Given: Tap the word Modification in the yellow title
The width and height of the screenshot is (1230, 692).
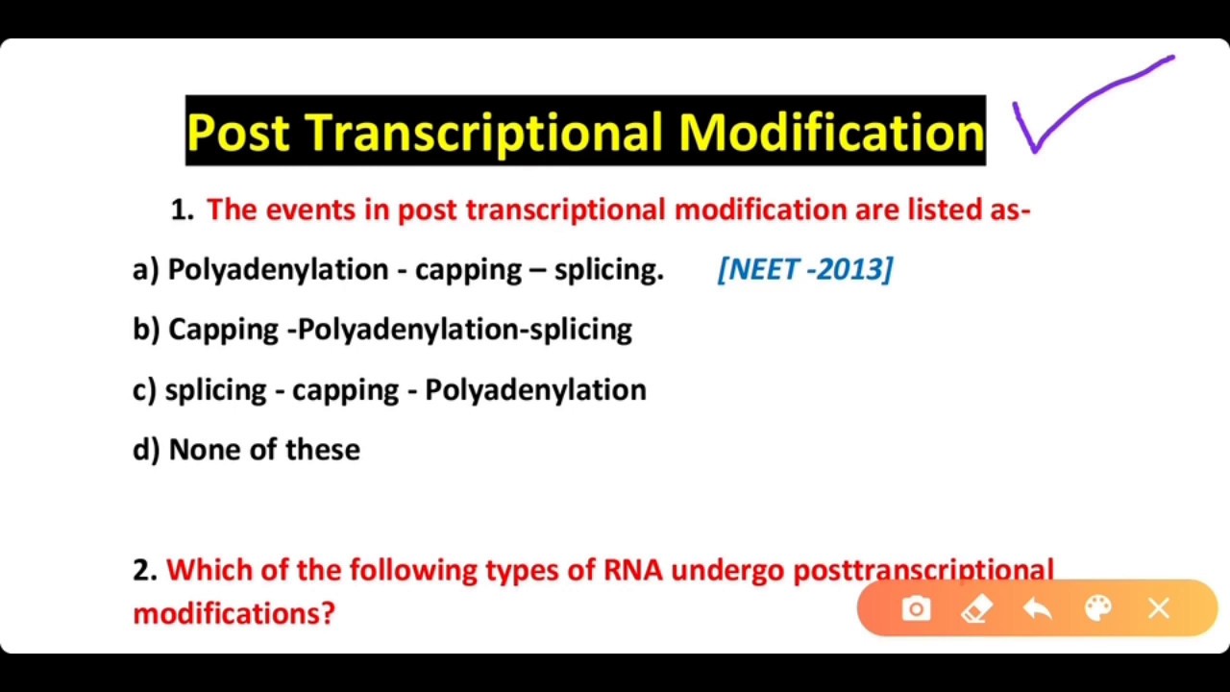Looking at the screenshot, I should coord(831,132).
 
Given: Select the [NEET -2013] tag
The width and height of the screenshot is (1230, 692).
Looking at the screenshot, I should coord(805,269).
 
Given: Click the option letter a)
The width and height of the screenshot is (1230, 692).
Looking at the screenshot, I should coord(145,270).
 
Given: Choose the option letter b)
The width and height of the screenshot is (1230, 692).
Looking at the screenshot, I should coord(146,330).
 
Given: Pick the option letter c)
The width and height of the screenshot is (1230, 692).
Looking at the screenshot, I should coord(144,390).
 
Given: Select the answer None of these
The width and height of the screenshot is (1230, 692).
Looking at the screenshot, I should coord(264,450).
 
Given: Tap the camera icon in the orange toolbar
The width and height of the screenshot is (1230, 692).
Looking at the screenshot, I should coord(916,609).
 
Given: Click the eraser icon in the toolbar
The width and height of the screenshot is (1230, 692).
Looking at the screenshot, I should coord(976,609).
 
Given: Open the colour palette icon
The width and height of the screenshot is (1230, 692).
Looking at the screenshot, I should coord(1097,609).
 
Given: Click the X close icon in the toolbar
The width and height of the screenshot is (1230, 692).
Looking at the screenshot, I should coord(1158,609).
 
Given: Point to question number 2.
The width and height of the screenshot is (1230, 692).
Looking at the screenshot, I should coord(144,571).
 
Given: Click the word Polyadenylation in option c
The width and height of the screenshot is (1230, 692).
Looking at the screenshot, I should coord(535,390).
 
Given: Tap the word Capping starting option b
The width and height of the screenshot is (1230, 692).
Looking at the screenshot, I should coord(223,330).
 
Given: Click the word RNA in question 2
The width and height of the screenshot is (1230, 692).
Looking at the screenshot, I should coord(632,571).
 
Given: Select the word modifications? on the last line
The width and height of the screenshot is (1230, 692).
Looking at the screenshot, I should coord(234,613).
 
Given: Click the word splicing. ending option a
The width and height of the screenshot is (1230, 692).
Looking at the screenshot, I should coord(608,270).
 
